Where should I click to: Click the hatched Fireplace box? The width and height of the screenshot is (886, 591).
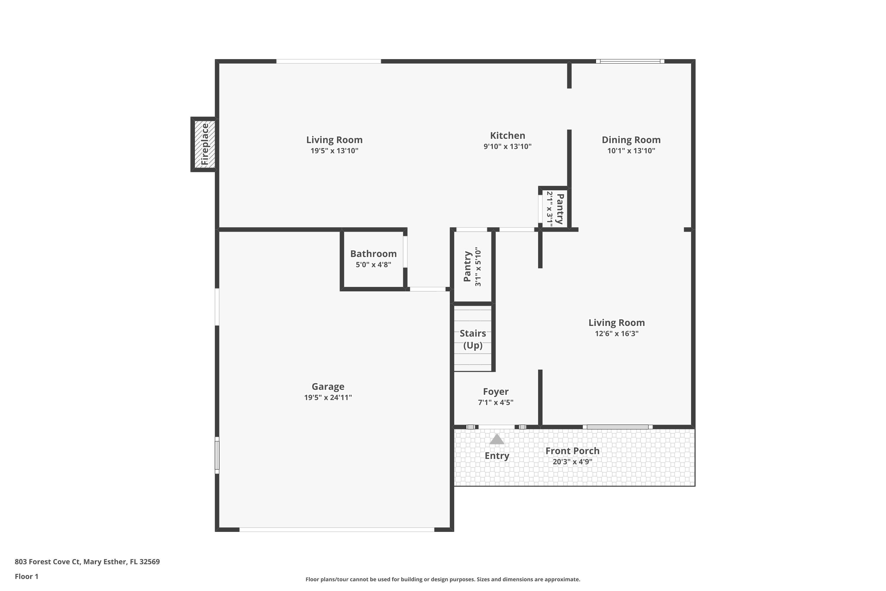point(204,144)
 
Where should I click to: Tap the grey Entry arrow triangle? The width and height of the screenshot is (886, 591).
point(496,439)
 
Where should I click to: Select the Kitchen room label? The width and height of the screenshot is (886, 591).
point(507,136)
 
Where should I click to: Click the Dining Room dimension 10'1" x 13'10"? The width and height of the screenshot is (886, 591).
point(631,151)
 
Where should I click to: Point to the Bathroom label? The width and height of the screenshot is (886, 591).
point(373,254)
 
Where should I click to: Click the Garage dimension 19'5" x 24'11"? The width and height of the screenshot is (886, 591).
point(328,397)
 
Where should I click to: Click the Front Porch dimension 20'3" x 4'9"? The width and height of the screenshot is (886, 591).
point(572,462)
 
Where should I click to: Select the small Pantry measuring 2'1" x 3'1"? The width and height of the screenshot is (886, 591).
point(555,208)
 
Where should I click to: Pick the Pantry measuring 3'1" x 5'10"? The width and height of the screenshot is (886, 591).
point(472,267)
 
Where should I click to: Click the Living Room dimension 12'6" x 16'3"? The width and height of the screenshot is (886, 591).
point(616,334)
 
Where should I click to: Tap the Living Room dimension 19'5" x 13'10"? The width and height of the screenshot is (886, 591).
point(334,151)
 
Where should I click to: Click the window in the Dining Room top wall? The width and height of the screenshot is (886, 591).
point(630,61)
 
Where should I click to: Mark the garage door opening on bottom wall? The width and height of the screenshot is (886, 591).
point(336,530)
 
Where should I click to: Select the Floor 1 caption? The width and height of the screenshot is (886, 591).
point(26,576)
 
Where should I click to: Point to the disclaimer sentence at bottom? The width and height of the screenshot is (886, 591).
point(443,579)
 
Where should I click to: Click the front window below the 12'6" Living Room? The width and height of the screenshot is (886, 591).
point(618,427)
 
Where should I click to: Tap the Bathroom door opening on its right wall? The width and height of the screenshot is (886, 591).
point(405,252)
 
